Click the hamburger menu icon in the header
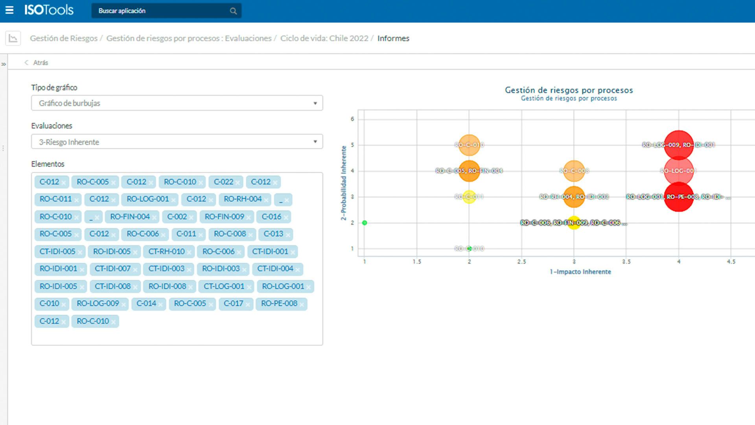point(9,10)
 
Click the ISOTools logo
point(49,10)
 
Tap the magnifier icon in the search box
point(233,11)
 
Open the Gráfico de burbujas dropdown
point(177,103)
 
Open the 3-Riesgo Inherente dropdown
point(177,142)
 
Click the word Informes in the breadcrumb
point(393,38)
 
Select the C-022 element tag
point(223,182)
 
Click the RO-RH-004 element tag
point(242,199)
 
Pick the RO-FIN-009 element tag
point(224,217)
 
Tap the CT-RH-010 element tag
point(166,251)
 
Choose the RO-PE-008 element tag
point(279,304)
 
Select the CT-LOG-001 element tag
point(224,286)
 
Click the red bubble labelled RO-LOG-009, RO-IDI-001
point(678,145)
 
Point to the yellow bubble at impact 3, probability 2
point(574,223)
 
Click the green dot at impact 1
point(365,223)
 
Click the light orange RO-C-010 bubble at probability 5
point(469,145)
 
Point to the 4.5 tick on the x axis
point(731,262)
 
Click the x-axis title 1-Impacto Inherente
point(580,272)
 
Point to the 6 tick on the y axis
point(352,119)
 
